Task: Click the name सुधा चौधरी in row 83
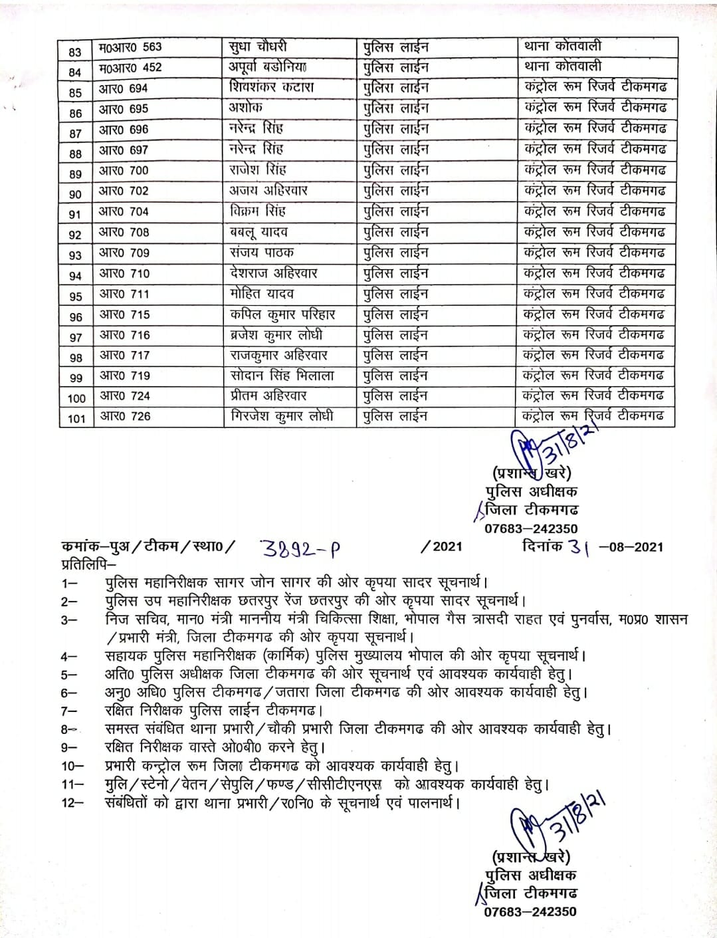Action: coord(258,47)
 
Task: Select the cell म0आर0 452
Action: coord(130,68)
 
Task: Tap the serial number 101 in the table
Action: coord(76,418)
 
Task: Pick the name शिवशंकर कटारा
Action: coord(271,88)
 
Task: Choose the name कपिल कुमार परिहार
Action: coord(282,314)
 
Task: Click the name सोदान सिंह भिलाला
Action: coord(282,376)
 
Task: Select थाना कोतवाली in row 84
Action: coord(562,66)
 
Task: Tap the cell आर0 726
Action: coord(125,417)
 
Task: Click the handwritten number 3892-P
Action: coord(300,548)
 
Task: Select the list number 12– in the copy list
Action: coord(72,802)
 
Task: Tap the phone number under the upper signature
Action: coord(530,529)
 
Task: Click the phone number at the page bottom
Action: coord(530,911)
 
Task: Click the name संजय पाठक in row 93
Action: coord(261,253)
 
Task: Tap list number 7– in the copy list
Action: coord(69,711)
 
